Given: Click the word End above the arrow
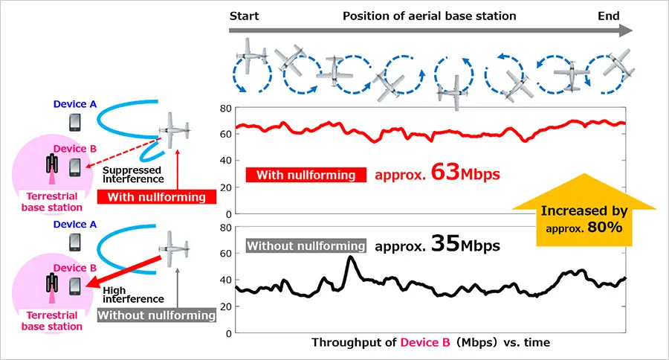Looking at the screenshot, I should point(610,16).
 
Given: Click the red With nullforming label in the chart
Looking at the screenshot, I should point(306,176).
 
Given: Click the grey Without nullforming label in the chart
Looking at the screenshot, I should point(306,245).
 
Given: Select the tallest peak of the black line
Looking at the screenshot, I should point(350,257).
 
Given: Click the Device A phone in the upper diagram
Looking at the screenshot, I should point(75,121).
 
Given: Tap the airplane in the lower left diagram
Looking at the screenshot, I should point(174,250).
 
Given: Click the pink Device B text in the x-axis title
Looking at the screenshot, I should point(425,342).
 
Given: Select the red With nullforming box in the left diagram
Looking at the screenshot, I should point(156,197).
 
